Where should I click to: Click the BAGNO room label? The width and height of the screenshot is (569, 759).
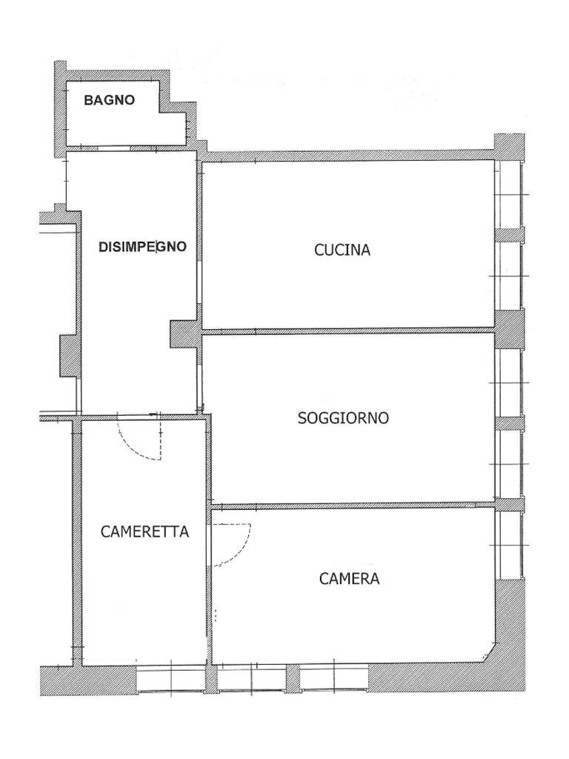tap(109, 100)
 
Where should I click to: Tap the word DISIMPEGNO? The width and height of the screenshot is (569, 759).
tap(142, 248)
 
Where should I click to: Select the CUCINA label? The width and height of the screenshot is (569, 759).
tap(342, 250)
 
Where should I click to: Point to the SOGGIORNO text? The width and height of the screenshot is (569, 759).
tap(343, 418)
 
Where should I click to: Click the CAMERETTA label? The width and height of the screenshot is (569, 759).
tap(144, 531)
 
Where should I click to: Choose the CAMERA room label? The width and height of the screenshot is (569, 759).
tap(349, 579)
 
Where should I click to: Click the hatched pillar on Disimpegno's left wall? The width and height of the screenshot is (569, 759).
tap(69, 355)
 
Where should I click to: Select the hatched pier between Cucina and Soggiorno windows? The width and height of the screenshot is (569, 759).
tap(509, 329)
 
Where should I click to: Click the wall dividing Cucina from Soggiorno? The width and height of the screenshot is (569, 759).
tap(348, 330)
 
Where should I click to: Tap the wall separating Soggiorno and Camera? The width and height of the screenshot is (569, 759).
tap(352, 506)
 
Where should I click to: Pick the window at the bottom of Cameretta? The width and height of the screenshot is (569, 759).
tap(171, 678)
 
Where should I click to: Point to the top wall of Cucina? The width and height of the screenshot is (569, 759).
tap(348, 156)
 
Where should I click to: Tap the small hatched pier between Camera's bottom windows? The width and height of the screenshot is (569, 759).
tap(293, 678)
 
